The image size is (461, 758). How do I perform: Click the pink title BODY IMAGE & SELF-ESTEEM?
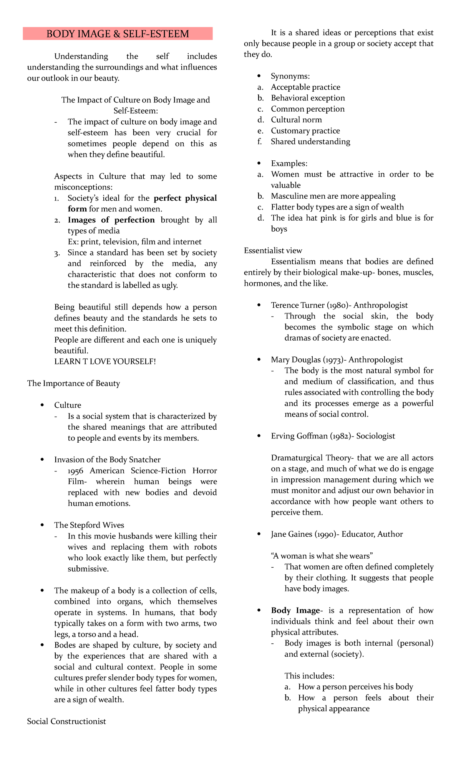tap(118, 34)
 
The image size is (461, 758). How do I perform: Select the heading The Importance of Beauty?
tap(73, 383)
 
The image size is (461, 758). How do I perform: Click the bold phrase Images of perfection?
tap(111, 220)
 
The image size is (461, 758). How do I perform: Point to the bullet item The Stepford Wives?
tap(89, 525)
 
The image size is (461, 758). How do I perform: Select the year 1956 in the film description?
tap(75, 470)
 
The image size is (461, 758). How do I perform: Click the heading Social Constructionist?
tap(66, 721)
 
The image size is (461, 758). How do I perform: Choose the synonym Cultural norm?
tap(296, 120)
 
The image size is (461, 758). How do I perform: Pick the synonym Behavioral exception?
tap(308, 98)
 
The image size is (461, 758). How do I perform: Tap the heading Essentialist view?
tap(273, 250)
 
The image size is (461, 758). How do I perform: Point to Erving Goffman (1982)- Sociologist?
tap(333, 436)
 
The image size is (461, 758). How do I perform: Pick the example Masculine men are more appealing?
tap(333, 196)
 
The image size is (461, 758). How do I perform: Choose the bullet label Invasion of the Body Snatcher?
tap(107, 460)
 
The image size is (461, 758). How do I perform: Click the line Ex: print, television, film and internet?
tap(134, 242)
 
